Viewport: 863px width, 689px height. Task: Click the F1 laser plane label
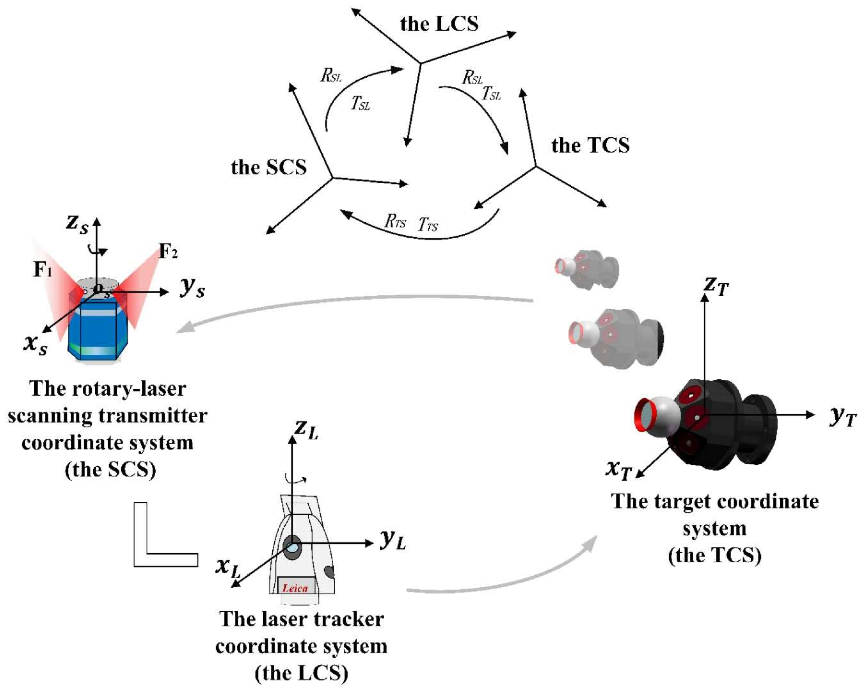(43, 270)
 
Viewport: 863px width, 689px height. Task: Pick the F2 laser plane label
(168, 252)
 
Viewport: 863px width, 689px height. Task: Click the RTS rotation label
(395, 221)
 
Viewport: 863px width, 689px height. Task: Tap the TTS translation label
(428, 225)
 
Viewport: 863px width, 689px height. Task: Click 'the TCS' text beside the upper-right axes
(590, 145)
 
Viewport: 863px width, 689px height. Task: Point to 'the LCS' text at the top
(439, 24)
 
